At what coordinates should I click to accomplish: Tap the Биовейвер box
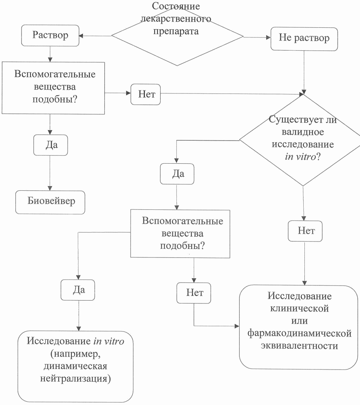(x=51, y=201)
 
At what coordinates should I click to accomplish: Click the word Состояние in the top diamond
(x=177, y=6)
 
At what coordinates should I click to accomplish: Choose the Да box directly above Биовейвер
(x=51, y=145)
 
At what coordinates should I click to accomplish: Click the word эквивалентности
(x=299, y=345)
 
